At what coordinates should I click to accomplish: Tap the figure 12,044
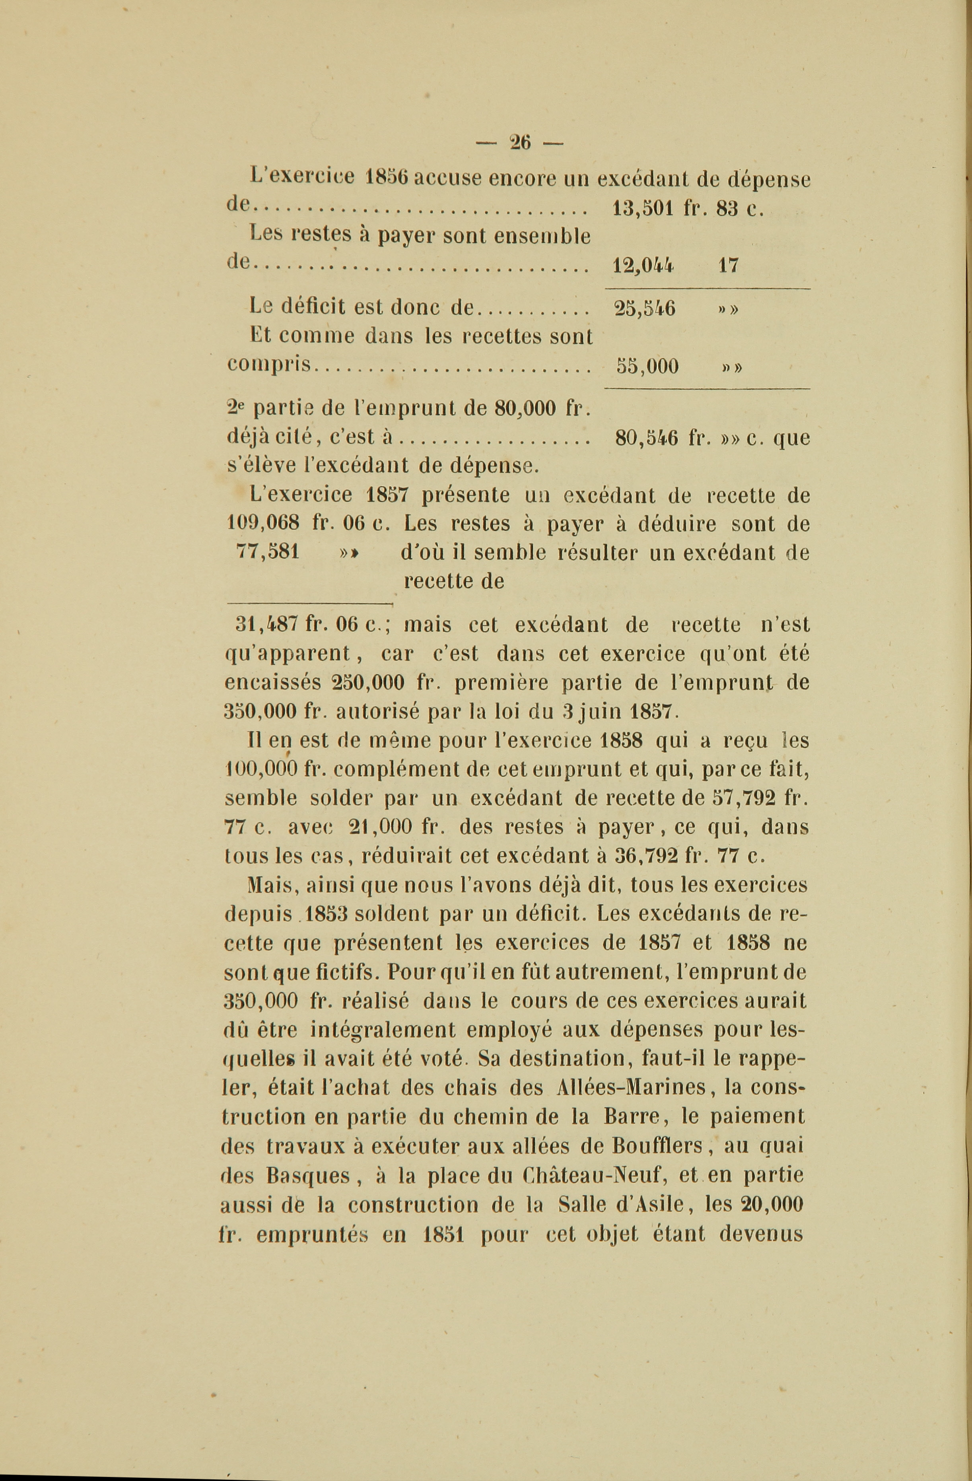coord(643,266)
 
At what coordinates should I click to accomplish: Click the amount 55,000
coord(647,366)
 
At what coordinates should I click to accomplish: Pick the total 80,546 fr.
coord(663,439)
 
